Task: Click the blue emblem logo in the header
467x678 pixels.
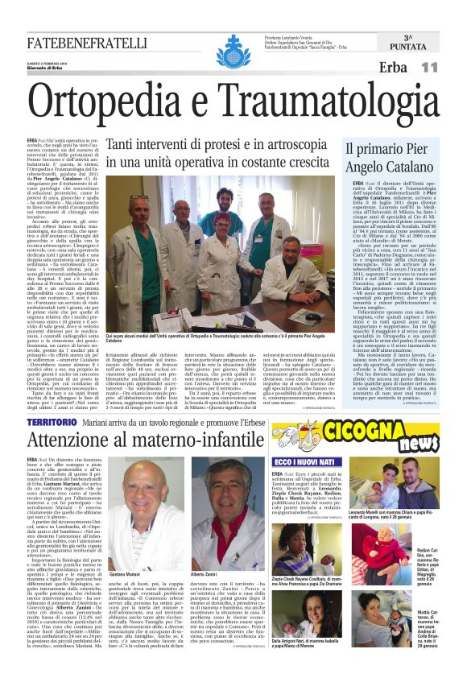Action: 234,46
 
